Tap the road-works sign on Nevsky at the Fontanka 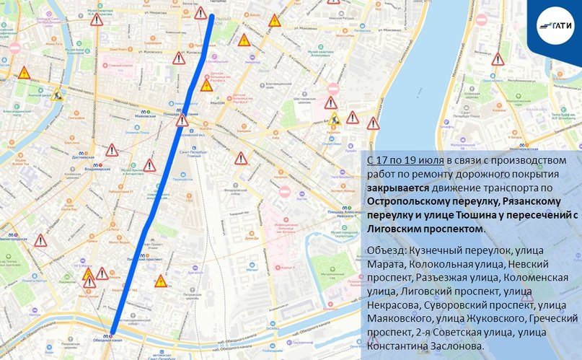[x=57, y=94]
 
